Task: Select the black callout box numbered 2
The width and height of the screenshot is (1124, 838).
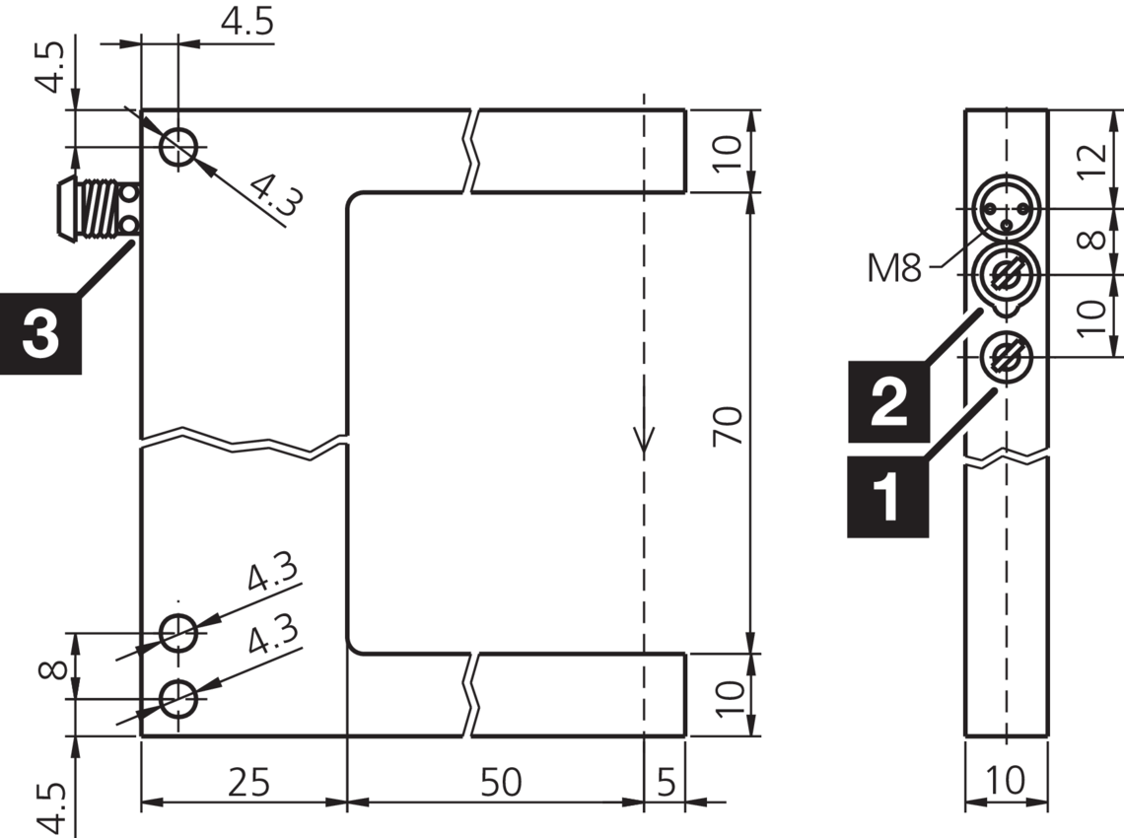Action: point(888,401)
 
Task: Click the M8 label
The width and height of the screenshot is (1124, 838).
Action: point(893,267)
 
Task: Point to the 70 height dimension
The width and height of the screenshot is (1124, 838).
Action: point(728,424)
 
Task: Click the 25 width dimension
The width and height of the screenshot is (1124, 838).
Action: point(247,783)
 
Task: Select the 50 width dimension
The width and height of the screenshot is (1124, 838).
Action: point(501,783)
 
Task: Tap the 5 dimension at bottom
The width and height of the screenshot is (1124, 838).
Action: point(666,783)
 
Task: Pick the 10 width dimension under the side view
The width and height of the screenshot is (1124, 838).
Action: point(1006,782)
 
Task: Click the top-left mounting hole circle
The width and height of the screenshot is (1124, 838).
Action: point(179,148)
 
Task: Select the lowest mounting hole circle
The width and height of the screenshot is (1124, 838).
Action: point(179,699)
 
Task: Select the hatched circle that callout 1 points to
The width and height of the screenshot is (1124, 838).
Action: point(1005,356)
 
